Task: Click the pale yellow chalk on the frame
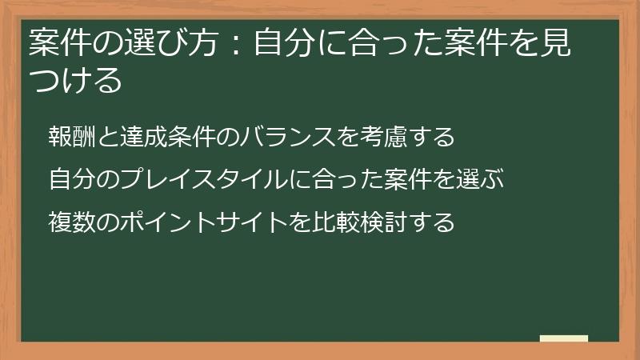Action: [564, 338]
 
